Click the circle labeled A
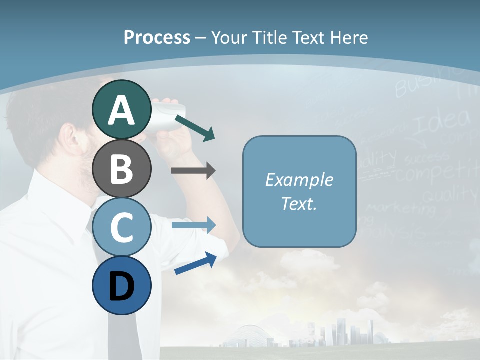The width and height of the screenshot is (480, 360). (x=121, y=110)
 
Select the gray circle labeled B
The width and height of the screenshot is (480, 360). (x=121, y=168)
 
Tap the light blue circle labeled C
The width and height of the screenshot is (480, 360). (x=121, y=227)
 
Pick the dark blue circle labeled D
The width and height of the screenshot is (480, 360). (x=121, y=285)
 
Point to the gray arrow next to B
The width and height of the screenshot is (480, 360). (x=193, y=171)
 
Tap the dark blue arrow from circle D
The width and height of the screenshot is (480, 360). (x=195, y=263)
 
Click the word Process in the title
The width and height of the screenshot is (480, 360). (x=157, y=38)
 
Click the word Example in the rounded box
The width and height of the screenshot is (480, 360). (x=299, y=180)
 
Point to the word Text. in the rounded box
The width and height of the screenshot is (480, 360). (x=299, y=204)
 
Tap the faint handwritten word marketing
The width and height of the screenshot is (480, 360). (x=400, y=207)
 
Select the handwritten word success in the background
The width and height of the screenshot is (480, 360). (x=426, y=158)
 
